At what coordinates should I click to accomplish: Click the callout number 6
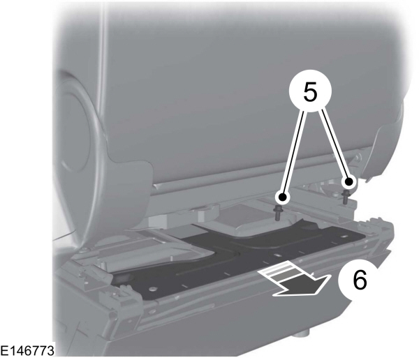360,280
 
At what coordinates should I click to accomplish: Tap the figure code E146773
27,351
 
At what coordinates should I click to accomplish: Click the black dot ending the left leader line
283,197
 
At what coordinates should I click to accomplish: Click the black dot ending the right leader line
348,182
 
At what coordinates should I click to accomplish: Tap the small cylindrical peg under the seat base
302,333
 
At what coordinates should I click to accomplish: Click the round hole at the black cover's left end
153,290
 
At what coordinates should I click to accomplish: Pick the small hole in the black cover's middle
279,255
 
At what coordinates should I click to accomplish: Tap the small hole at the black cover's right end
344,236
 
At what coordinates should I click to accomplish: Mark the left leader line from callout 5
294,153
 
